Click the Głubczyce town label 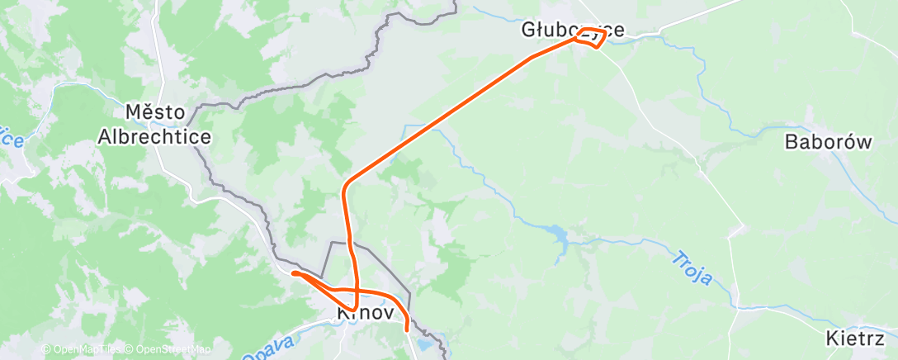coord(572,31)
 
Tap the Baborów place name coord(828,142)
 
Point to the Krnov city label coord(366,314)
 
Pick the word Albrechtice coord(154,136)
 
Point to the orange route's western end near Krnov coord(294,272)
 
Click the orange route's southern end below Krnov coord(406,329)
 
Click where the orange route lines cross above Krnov coord(356,291)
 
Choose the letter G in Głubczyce coord(528,31)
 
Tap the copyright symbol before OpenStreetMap coord(130,349)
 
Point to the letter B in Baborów coord(791,142)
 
